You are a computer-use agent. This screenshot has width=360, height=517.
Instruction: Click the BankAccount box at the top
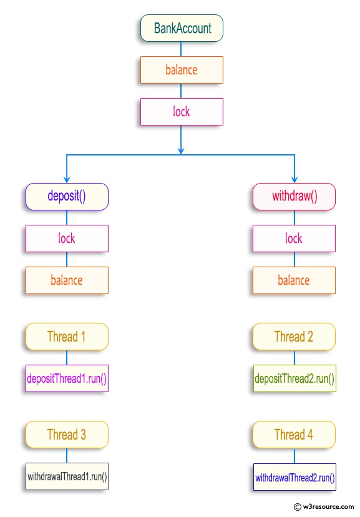[x=182, y=28]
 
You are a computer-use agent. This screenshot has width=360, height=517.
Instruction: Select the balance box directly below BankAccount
[x=182, y=70]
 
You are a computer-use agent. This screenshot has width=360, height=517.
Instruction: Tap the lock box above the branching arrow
[x=182, y=112]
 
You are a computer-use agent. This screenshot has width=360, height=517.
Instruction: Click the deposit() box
[x=67, y=197]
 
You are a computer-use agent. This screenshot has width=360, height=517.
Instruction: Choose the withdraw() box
[x=294, y=197]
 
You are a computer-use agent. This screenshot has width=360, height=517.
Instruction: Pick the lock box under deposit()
[x=67, y=239]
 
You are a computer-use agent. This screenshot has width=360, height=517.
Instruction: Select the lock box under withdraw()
[x=294, y=239]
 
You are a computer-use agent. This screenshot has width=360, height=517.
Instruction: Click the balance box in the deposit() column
[x=67, y=280]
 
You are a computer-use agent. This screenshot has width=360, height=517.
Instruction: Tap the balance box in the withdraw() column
[x=294, y=280]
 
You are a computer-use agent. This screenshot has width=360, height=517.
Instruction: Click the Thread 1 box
[x=67, y=337]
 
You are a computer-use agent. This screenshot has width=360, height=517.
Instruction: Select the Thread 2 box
[x=294, y=337]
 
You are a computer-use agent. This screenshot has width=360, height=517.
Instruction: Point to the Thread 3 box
[x=67, y=435]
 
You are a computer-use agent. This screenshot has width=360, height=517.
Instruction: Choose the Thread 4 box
[x=294, y=435]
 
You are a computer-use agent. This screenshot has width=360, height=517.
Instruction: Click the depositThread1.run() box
[x=67, y=378]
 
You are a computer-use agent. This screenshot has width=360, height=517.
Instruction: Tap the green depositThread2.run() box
[x=294, y=378]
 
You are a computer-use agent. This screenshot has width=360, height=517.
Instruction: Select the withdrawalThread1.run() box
[x=67, y=477]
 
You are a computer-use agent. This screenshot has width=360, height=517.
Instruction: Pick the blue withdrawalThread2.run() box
[x=294, y=478]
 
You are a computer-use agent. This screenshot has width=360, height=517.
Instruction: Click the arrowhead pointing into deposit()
[x=67, y=179]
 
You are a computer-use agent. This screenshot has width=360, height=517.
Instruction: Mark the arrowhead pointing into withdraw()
[x=294, y=179]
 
